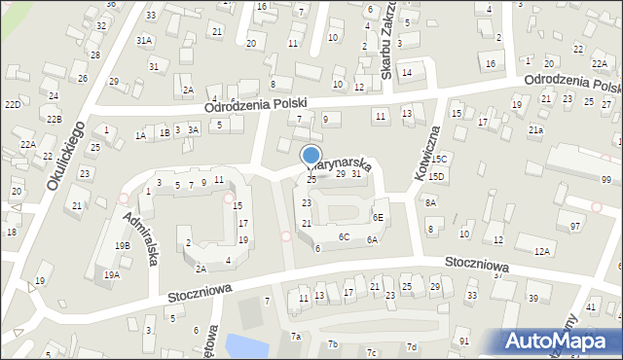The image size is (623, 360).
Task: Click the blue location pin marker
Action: click(311, 157)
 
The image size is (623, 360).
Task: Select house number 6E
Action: click(378, 217)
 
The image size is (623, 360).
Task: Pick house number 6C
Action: click(344, 236)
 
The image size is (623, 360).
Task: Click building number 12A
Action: click(541, 251)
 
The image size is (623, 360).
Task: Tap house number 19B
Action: click(122, 246)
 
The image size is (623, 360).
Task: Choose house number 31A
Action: click(144, 40)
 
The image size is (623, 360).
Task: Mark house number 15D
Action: click(436, 176)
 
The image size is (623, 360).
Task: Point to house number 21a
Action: click(535, 129)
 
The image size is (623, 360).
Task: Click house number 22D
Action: click(12, 104)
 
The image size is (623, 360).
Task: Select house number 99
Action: click(605, 180)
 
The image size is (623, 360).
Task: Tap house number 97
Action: click(575, 226)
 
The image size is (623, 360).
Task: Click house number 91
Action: click(464, 342)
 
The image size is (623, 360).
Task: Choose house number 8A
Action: click(430, 202)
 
